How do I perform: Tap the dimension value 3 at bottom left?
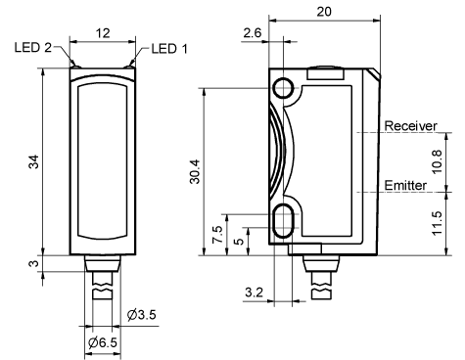pos(32,265)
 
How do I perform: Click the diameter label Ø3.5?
pos(144,314)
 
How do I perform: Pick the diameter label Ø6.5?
pos(103,343)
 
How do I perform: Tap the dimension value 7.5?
pos(216,235)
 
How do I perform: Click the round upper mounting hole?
pos(285,88)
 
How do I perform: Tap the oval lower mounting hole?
pos(285,220)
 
